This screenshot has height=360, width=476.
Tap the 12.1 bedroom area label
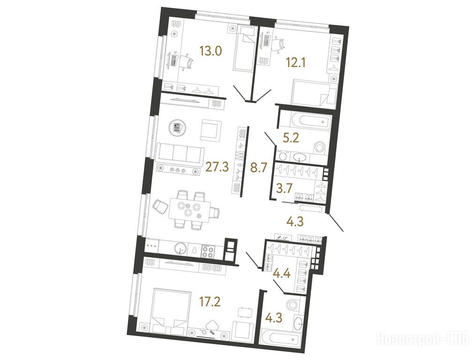[296, 63]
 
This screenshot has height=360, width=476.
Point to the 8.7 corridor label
[258, 167]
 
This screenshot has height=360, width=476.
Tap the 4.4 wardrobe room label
[282, 274]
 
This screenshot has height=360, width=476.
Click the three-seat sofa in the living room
[179, 153]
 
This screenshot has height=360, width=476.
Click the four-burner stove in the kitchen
[208, 251]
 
